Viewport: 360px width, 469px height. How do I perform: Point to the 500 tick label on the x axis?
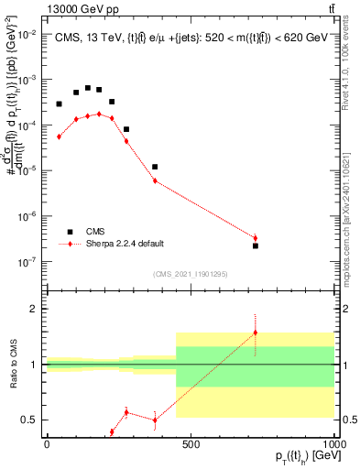[191, 444]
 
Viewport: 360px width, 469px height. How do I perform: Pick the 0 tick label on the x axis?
[46, 444]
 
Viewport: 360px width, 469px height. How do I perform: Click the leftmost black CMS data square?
[60, 104]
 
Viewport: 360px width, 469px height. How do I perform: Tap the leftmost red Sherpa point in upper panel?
[60, 136]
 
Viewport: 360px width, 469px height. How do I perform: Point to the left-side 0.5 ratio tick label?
[28, 420]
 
